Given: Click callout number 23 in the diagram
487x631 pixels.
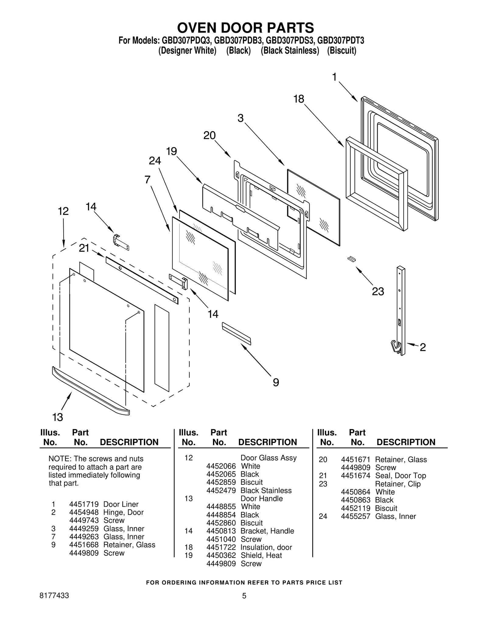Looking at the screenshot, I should [x=378, y=292].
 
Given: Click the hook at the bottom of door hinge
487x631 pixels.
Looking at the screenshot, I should [x=395, y=346].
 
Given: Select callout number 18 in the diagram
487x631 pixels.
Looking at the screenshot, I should [x=299, y=99].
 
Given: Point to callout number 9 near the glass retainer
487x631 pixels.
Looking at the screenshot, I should [x=276, y=382].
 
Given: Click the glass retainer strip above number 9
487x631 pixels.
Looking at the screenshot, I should [x=236, y=334].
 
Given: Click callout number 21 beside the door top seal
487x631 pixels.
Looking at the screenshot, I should [x=84, y=248].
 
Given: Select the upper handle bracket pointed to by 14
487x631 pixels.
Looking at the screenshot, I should [x=121, y=242].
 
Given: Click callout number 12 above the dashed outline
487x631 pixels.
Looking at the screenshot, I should [x=63, y=211].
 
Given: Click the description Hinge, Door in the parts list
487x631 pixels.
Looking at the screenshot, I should [x=123, y=512].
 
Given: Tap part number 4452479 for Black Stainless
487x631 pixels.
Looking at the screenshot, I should [x=221, y=491].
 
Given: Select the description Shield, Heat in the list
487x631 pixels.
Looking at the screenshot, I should [x=261, y=555].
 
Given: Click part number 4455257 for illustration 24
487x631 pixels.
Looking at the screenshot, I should [x=356, y=516].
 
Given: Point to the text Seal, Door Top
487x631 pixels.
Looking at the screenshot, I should [x=400, y=476].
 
